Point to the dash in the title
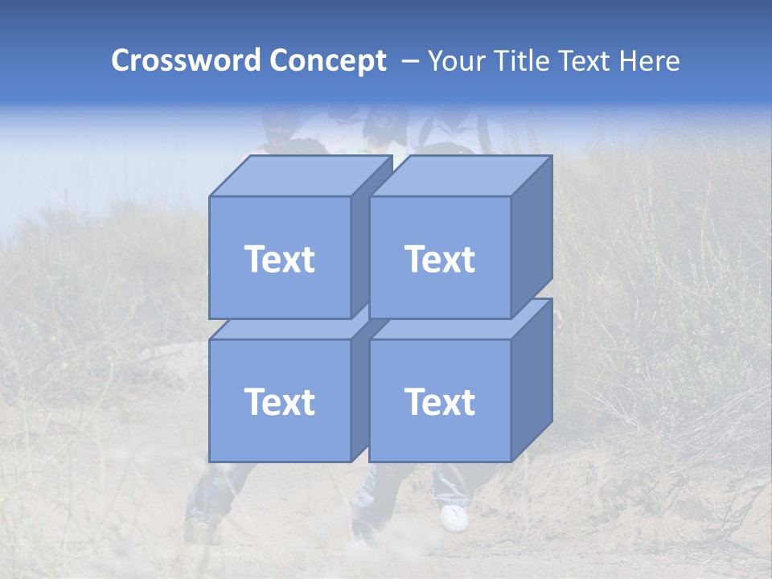(x=409, y=61)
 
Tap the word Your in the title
(x=456, y=61)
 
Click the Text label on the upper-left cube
(x=279, y=259)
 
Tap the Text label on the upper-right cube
(x=440, y=259)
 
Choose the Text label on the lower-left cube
(x=279, y=402)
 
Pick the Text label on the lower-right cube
(x=440, y=402)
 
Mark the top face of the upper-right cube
(x=461, y=175)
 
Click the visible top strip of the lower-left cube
(x=281, y=330)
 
